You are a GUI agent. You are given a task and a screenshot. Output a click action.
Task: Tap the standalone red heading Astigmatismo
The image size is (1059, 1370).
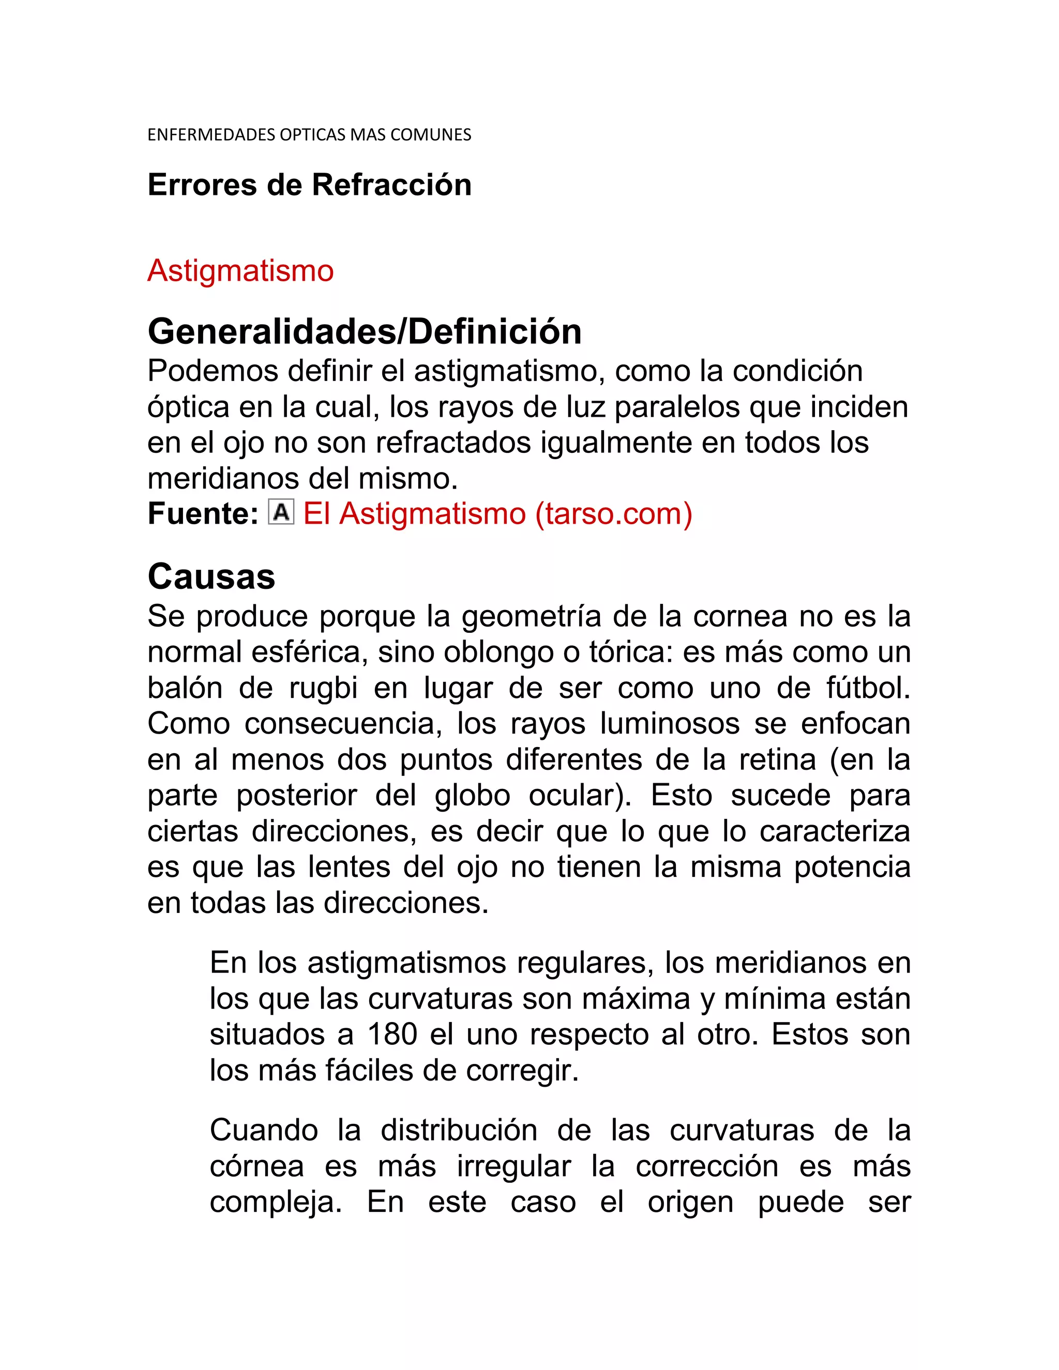(240, 271)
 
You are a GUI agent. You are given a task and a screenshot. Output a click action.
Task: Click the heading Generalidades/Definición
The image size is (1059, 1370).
(365, 331)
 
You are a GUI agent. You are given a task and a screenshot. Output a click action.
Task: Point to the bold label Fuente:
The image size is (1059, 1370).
(203, 514)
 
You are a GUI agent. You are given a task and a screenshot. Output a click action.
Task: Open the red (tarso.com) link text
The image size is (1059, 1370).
(614, 514)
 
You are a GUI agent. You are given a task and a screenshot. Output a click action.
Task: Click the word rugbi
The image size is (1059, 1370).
(323, 688)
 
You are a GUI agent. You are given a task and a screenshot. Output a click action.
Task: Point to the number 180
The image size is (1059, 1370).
(392, 1034)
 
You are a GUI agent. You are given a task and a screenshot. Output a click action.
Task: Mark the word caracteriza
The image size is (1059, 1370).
(835, 832)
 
